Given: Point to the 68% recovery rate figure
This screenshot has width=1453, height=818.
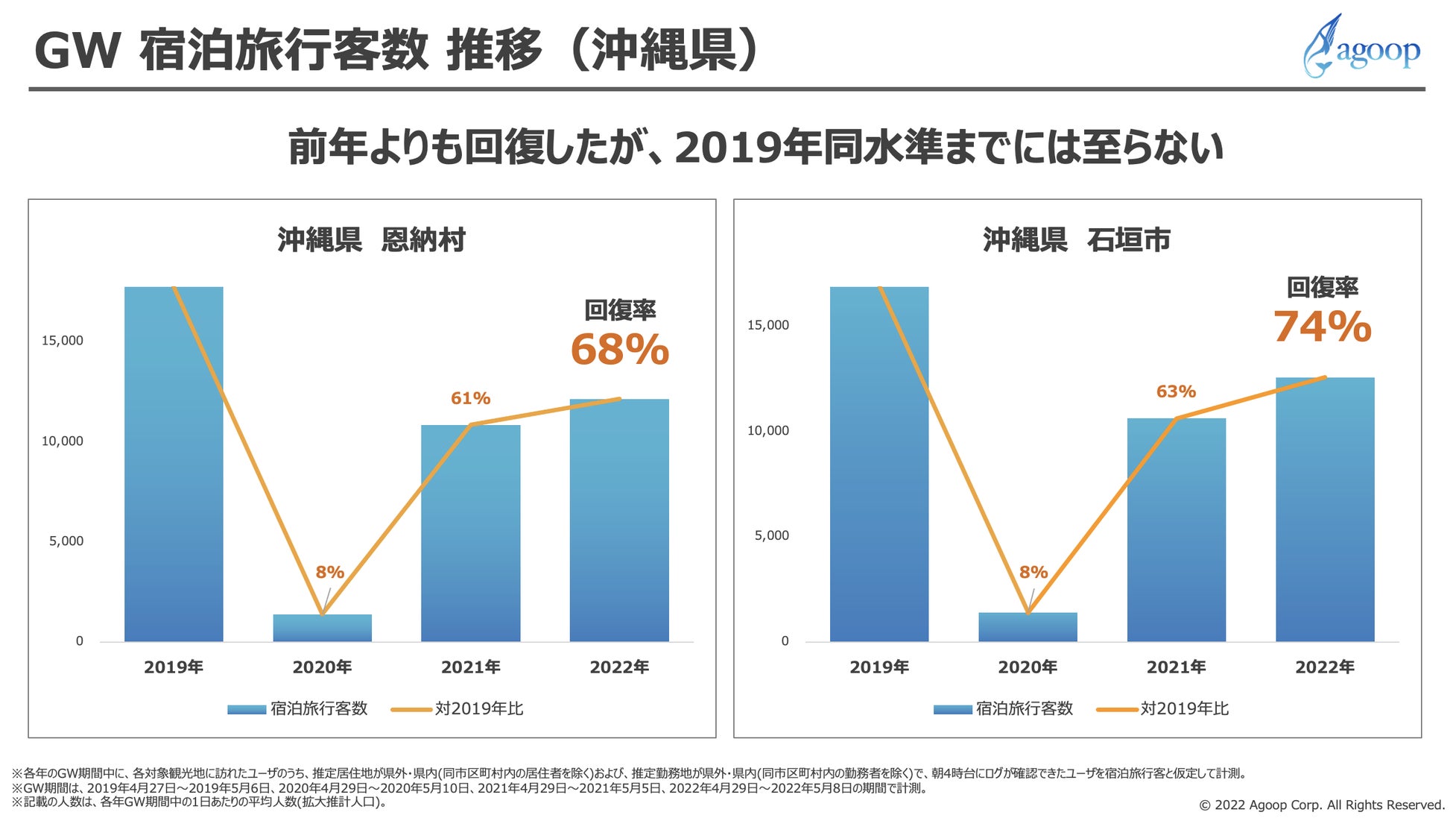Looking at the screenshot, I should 619,350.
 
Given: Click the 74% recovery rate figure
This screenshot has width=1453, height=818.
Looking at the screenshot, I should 1322,327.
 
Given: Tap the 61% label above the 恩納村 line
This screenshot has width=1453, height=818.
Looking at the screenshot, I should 470,399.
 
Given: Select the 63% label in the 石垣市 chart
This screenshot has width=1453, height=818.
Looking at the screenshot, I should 1175,391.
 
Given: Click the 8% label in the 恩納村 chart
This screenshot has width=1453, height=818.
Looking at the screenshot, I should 329,573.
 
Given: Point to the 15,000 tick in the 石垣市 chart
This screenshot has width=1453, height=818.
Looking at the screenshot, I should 767,325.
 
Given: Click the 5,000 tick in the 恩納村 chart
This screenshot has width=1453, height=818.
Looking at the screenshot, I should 66,541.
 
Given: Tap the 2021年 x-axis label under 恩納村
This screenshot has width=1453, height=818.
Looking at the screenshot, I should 470,667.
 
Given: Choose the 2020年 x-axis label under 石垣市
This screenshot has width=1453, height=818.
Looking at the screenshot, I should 1027,667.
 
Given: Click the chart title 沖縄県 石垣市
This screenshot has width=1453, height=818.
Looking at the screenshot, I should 1077,240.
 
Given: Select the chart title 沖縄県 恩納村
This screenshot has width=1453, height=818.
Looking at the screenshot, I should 371,240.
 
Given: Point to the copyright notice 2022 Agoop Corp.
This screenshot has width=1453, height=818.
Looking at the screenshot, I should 1321,805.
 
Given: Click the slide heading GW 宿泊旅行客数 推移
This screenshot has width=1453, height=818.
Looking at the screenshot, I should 395,51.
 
